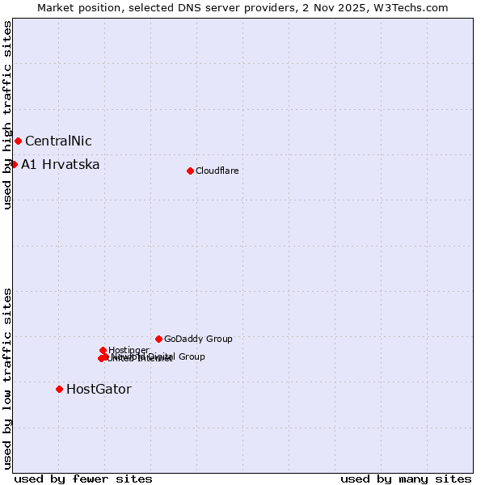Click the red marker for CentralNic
[x=18, y=141]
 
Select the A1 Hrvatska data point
[x=14, y=164]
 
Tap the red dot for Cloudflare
[x=190, y=171]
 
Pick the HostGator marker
[x=59, y=389]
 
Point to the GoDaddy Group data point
[x=158, y=339]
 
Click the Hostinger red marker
[x=103, y=350]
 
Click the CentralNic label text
[x=58, y=141]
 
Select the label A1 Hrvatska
[x=61, y=165]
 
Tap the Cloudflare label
[x=217, y=171]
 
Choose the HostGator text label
[x=99, y=389]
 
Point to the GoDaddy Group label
[x=198, y=339]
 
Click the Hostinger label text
[x=129, y=350]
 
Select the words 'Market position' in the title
[x=76, y=7]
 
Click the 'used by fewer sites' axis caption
[x=83, y=479]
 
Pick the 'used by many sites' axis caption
[x=406, y=479]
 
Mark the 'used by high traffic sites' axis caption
[x=7, y=116]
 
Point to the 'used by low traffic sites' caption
[x=7, y=378]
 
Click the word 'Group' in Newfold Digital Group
[x=192, y=356]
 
